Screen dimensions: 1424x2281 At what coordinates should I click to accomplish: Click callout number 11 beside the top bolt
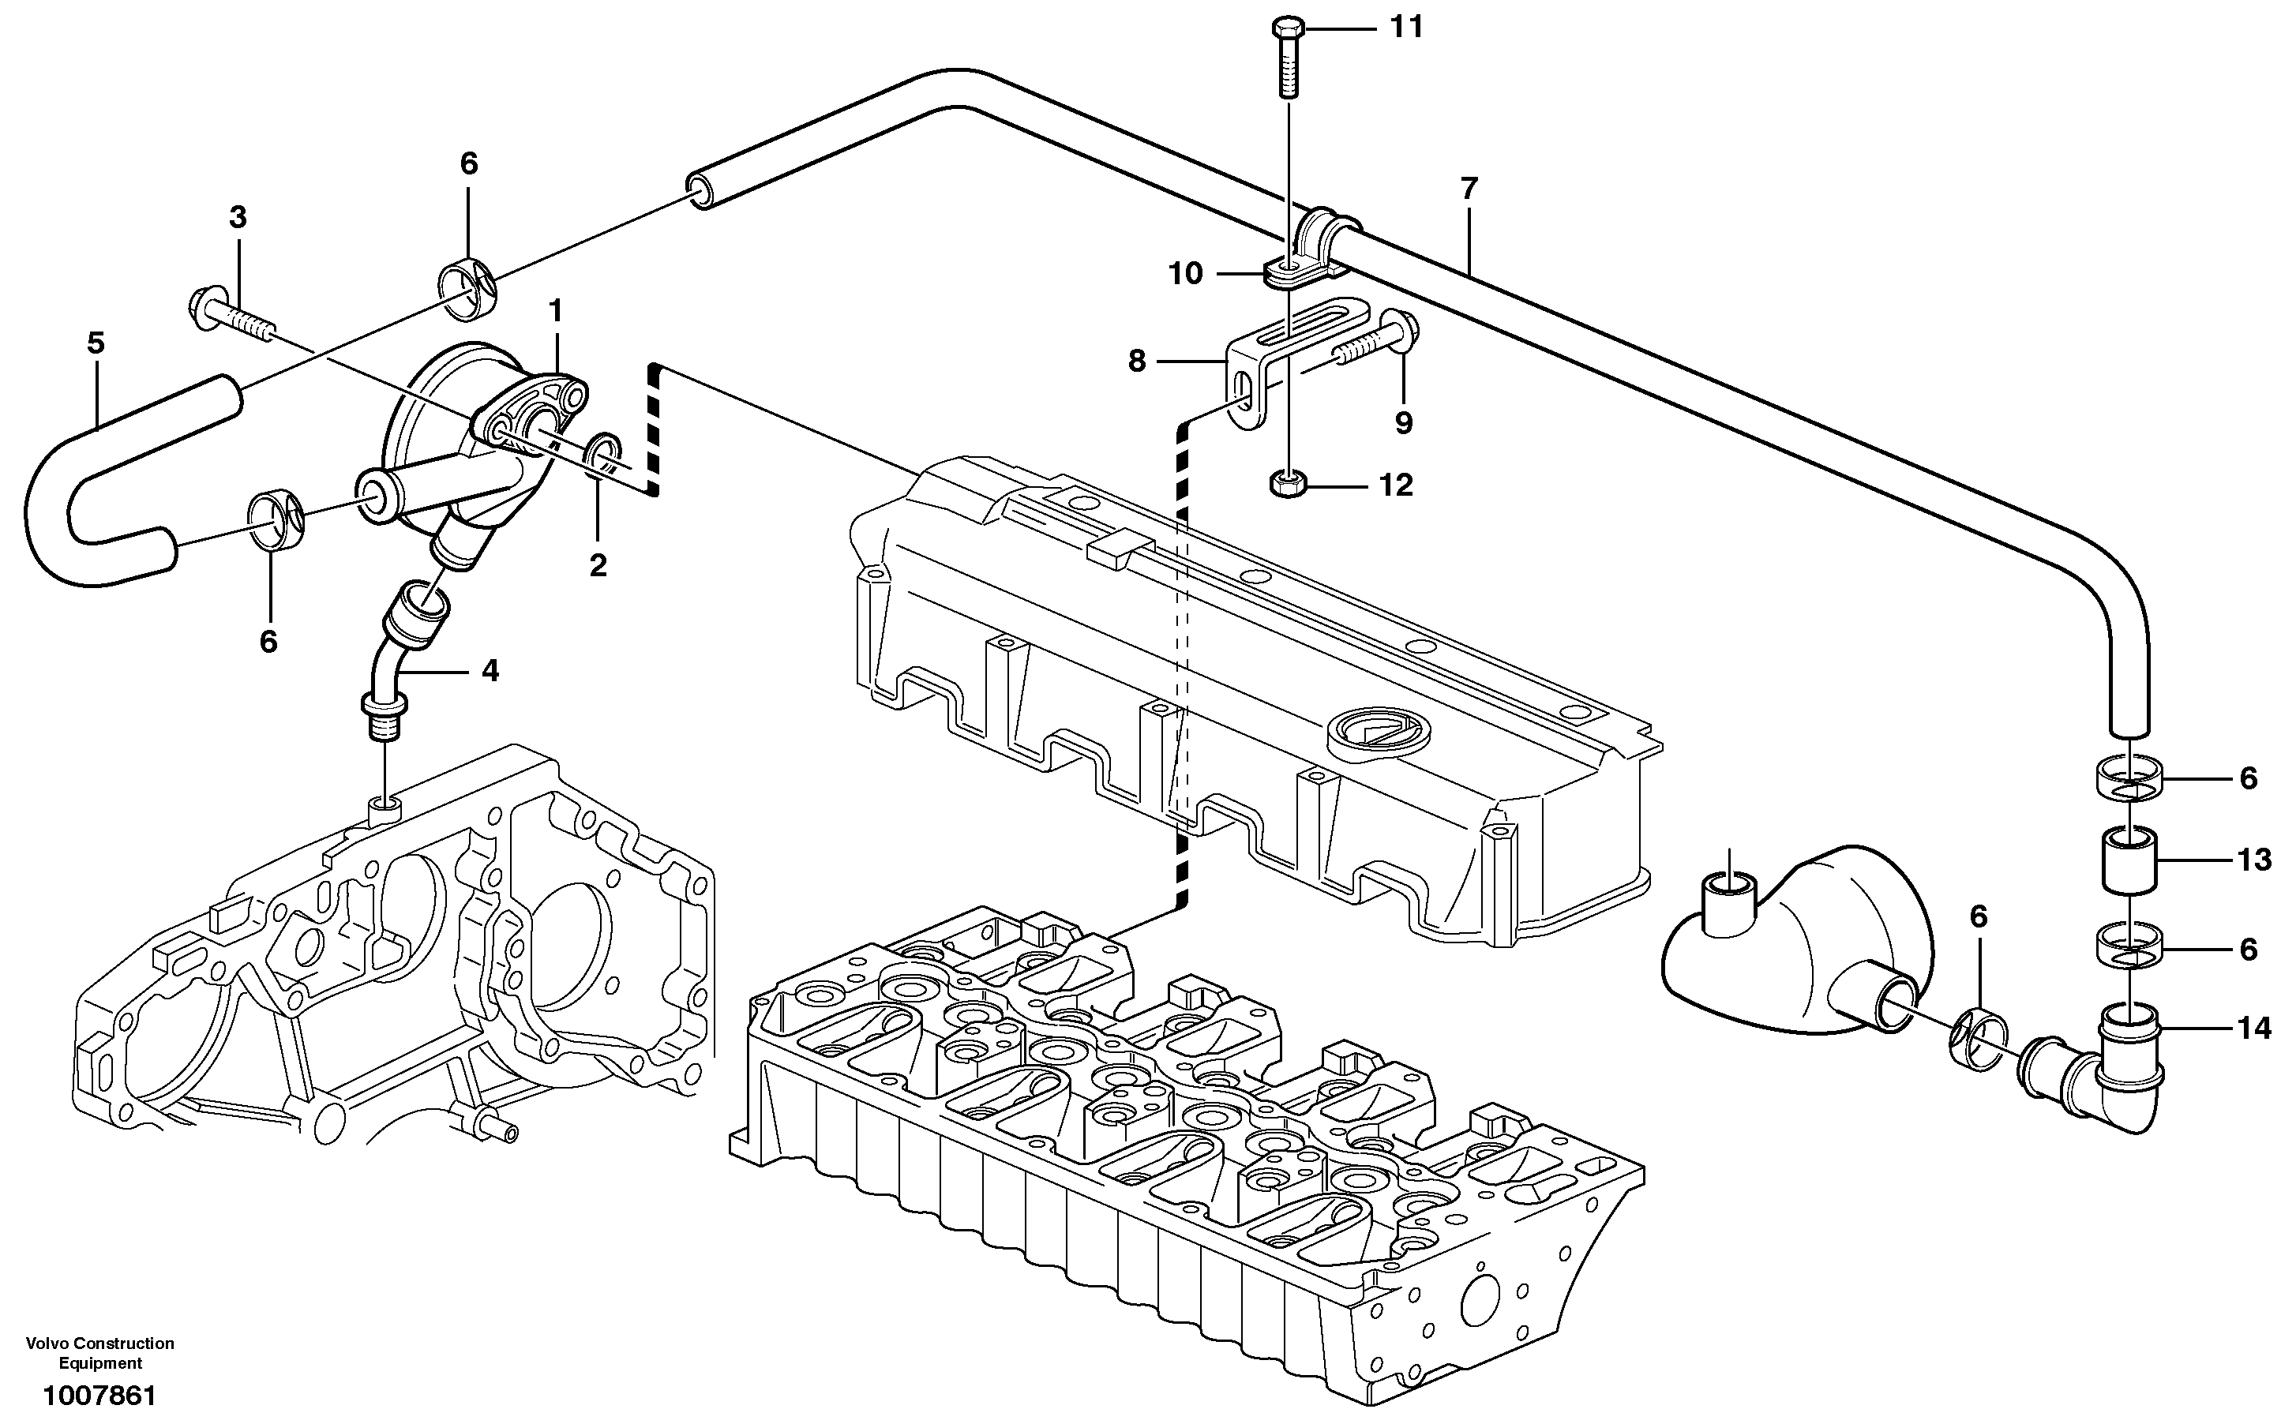pyautogui.click(x=1407, y=28)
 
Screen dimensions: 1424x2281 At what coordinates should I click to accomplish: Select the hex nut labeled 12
pyautogui.click(x=1285, y=485)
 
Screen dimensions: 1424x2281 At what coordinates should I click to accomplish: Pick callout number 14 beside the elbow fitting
pyautogui.click(x=2253, y=1029)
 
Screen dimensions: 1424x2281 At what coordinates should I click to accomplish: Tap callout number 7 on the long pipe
pyautogui.click(x=1469, y=189)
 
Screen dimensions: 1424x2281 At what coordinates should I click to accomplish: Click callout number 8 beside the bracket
pyautogui.click(x=1137, y=361)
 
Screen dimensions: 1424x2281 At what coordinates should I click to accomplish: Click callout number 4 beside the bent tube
pyautogui.click(x=490, y=671)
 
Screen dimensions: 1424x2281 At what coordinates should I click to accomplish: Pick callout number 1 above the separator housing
pyautogui.click(x=556, y=310)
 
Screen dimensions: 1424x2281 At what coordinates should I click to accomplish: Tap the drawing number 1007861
pyautogui.click(x=99, y=1395)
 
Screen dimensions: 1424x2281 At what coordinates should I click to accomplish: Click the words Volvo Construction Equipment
pyautogui.click(x=99, y=1352)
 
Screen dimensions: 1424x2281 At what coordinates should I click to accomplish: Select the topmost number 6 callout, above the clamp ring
pyautogui.click(x=469, y=164)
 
